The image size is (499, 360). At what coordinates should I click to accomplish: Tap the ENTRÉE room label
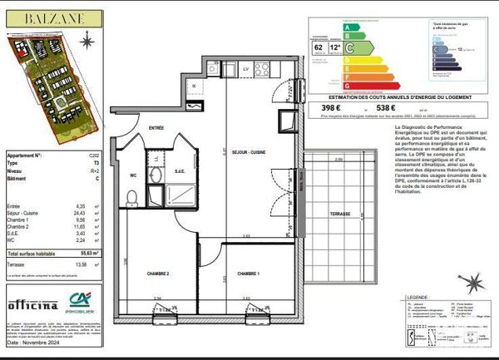[x=156, y=127]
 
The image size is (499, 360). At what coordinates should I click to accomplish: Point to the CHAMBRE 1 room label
[x=249, y=274]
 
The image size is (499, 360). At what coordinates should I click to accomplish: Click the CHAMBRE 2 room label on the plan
[x=158, y=274]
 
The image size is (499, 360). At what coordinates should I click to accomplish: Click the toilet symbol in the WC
[x=131, y=197]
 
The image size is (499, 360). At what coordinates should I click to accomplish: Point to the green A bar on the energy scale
[x=348, y=27]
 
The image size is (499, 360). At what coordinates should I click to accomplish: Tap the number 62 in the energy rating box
[x=319, y=48]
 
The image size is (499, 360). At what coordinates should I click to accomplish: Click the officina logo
[x=27, y=304]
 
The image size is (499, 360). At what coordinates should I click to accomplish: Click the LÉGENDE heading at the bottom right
[x=417, y=296]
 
